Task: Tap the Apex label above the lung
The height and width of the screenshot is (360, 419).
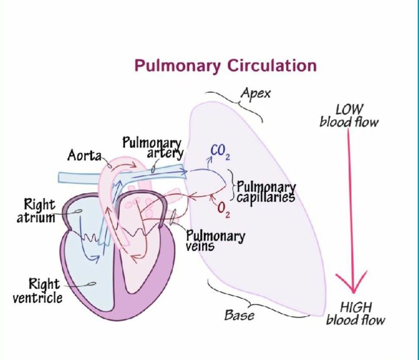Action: tap(255, 94)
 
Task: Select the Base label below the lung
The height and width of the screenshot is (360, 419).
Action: tap(239, 314)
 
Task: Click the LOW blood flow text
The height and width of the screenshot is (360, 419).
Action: tap(349, 116)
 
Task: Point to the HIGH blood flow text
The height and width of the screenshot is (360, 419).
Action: tap(356, 314)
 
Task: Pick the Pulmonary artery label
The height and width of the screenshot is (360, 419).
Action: tap(153, 148)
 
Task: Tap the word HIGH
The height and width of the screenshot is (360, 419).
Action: tap(356, 308)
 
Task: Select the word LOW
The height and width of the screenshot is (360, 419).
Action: tap(350, 110)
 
